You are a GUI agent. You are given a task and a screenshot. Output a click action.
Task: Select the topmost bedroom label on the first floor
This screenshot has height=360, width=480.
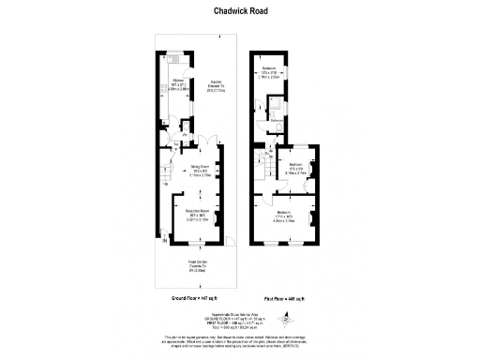click(270, 72)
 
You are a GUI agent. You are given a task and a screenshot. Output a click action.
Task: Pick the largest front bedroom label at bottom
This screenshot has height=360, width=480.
click(283, 216)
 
